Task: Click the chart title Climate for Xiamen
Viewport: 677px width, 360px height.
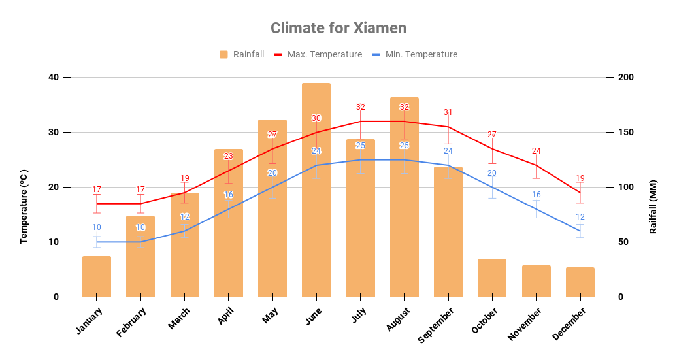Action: [x=338, y=28]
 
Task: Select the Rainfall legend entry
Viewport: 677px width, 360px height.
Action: [x=242, y=54]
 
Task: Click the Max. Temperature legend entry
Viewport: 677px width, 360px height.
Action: [x=318, y=54]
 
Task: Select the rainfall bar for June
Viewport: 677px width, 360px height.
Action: [x=316, y=189]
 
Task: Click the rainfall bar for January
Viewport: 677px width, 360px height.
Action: [x=97, y=276]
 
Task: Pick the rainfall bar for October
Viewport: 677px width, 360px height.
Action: [x=492, y=278]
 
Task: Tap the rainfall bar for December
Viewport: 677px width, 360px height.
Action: [x=580, y=282]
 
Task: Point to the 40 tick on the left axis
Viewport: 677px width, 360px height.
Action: [x=53, y=77]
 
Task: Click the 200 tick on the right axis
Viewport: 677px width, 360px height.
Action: [x=625, y=77]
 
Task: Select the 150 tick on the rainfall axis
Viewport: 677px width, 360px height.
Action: [x=625, y=132]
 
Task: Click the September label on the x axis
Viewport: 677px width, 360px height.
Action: [x=436, y=324]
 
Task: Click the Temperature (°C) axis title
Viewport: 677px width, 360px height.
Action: [x=24, y=206]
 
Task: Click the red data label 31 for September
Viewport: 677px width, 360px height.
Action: [x=448, y=112]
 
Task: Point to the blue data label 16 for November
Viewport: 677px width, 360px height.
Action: [x=536, y=195]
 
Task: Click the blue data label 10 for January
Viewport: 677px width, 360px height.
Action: [x=97, y=227]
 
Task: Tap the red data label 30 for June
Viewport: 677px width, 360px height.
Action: [x=316, y=118]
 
